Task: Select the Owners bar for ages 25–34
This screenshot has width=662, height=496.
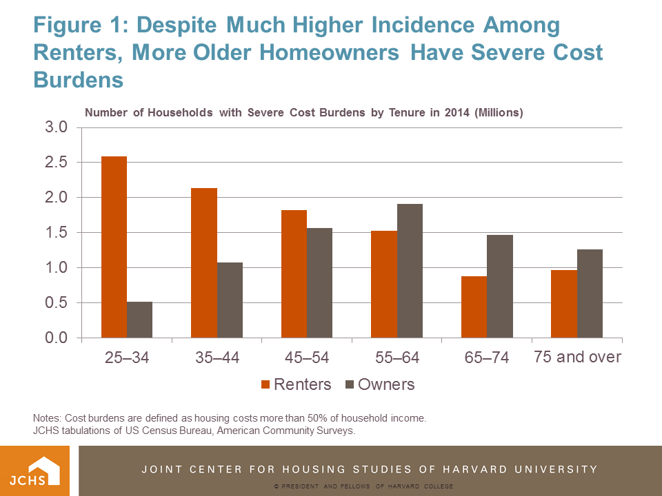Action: pos(139,320)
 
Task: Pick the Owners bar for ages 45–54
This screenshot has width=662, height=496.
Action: pos(319,282)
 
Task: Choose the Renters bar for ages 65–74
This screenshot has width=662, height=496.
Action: pos(474,307)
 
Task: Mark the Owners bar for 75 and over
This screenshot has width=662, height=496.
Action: pos(590,293)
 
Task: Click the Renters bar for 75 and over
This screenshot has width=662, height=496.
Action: pos(564,304)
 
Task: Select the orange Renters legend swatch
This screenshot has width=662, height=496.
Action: pos(265,384)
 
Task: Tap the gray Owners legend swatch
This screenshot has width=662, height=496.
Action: pos(350,384)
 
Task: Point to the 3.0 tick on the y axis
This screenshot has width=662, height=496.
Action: pos(57,127)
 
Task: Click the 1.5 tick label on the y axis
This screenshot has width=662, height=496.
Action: pos(57,233)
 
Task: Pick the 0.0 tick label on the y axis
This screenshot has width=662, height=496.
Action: pos(57,338)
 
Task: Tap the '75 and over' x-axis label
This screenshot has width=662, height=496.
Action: pos(578,357)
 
